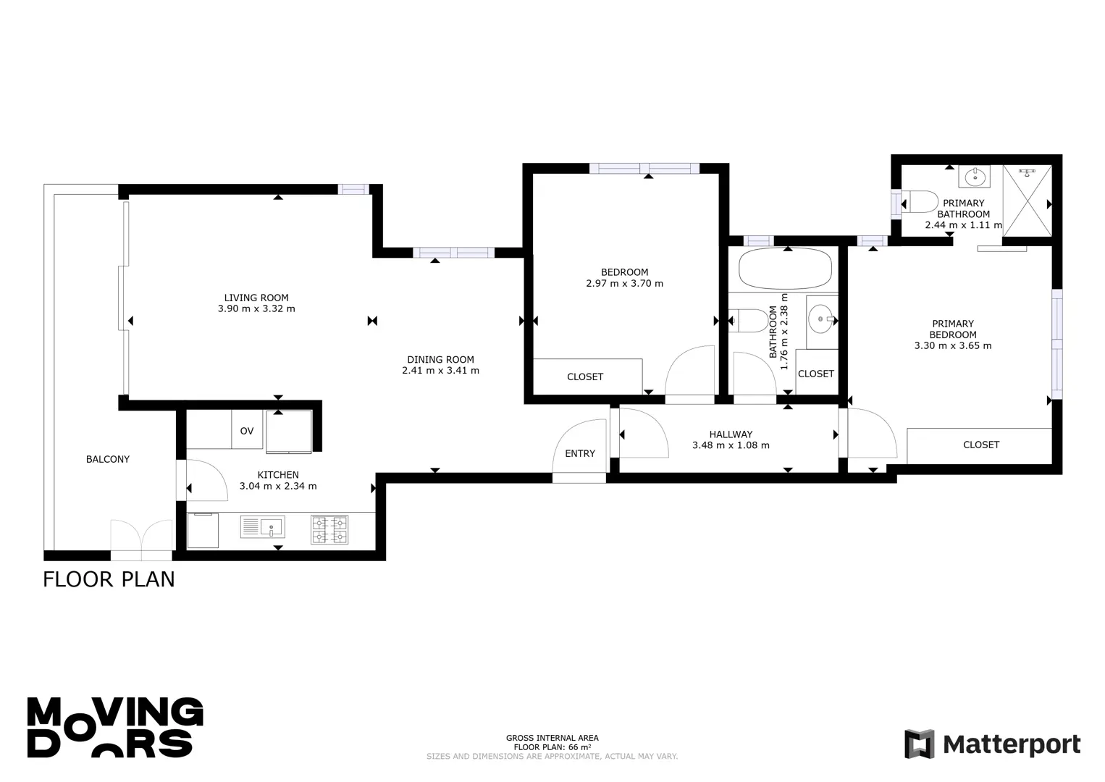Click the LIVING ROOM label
click(256, 298)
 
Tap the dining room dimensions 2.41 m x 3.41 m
click(440, 371)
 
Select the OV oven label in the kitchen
click(247, 432)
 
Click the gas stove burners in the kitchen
click(329, 530)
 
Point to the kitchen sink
click(262, 527)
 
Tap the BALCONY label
click(108, 459)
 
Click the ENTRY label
click(579, 453)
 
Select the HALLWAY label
click(731, 434)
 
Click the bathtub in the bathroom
click(785, 269)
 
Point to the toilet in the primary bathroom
click(920, 202)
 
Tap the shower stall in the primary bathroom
click(1028, 201)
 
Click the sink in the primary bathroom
click(974, 177)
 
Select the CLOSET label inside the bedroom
click(585, 377)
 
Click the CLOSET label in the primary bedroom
click(981, 445)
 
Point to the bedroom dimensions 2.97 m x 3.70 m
click(624, 284)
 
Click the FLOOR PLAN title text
click(109, 579)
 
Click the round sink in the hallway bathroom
click(821, 319)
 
